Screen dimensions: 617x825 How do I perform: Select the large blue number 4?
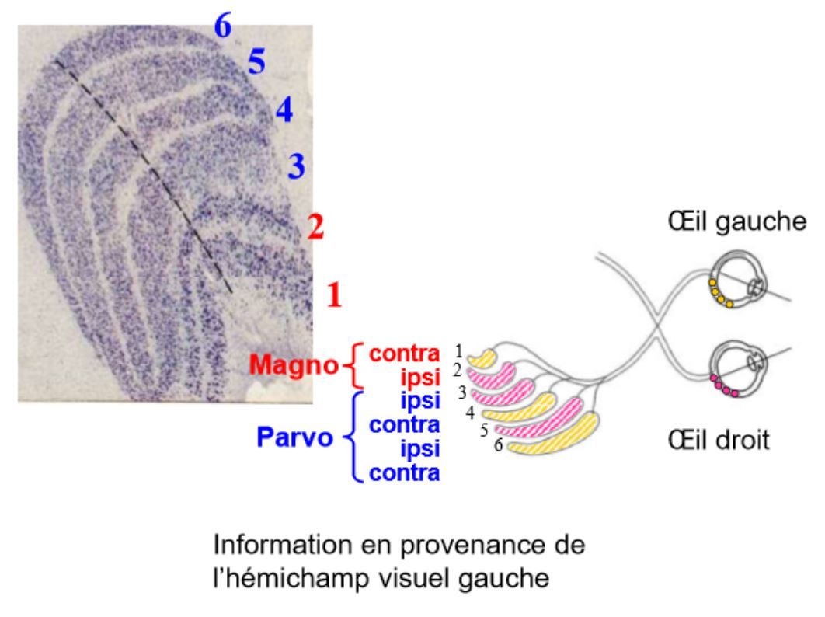click(284, 111)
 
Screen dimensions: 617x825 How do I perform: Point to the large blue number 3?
click(296, 166)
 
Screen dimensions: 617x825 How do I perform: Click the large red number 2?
click(315, 227)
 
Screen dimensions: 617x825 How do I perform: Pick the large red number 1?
click(335, 295)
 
